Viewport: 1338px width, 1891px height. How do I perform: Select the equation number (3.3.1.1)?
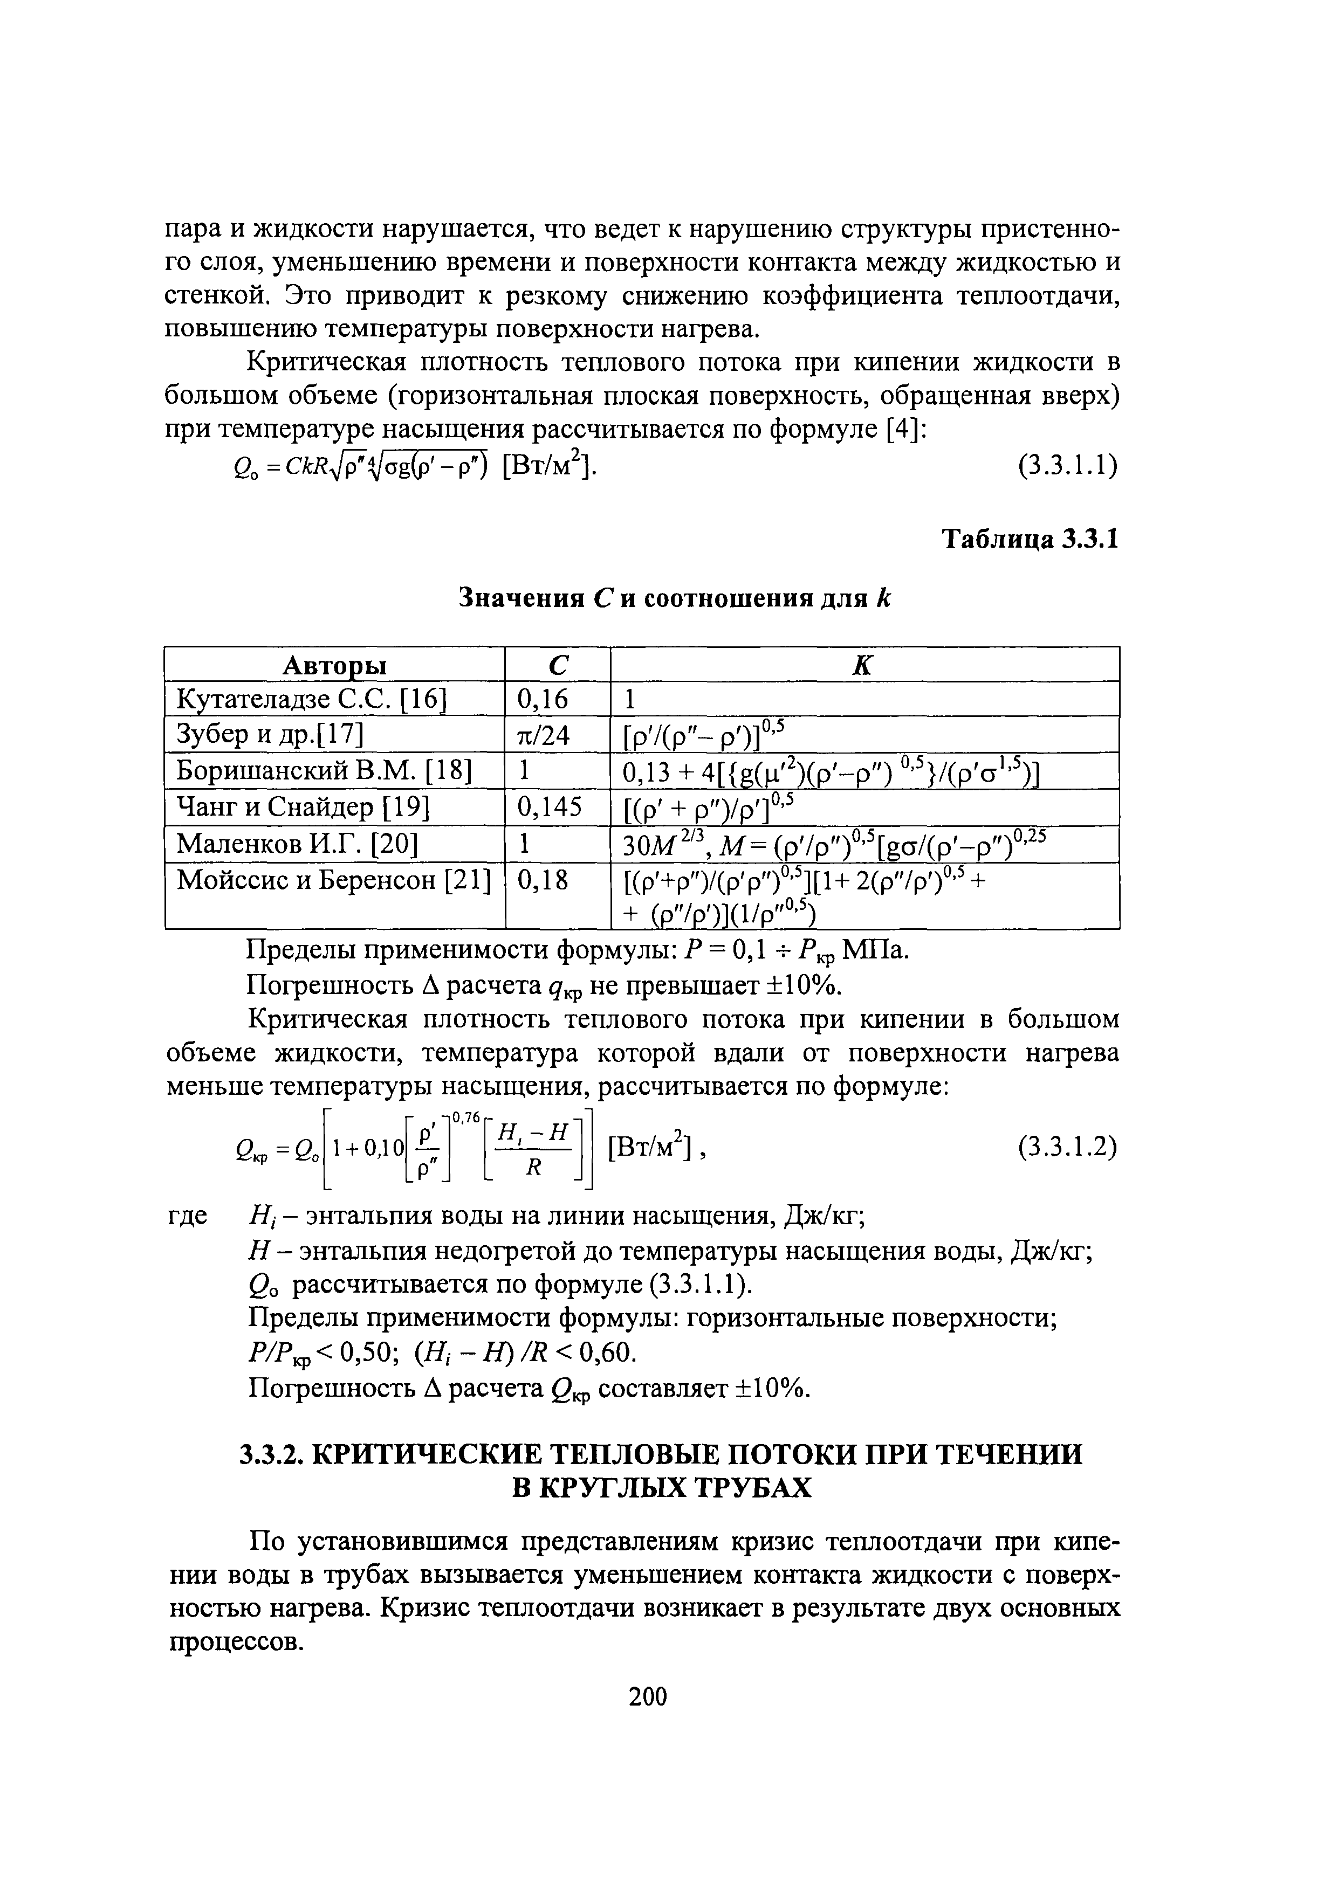click(x=1067, y=466)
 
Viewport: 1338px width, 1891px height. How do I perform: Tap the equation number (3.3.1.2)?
click(x=1067, y=1145)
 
